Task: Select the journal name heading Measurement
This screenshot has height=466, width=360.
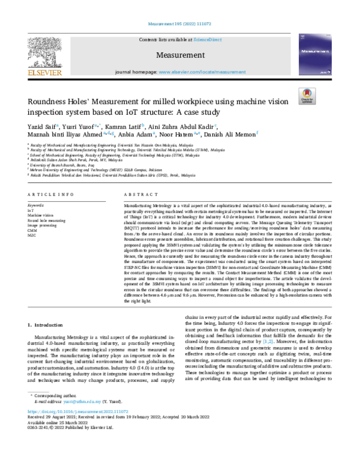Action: (x=179, y=55)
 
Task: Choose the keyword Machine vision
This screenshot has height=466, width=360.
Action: (x=40, y=215)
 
